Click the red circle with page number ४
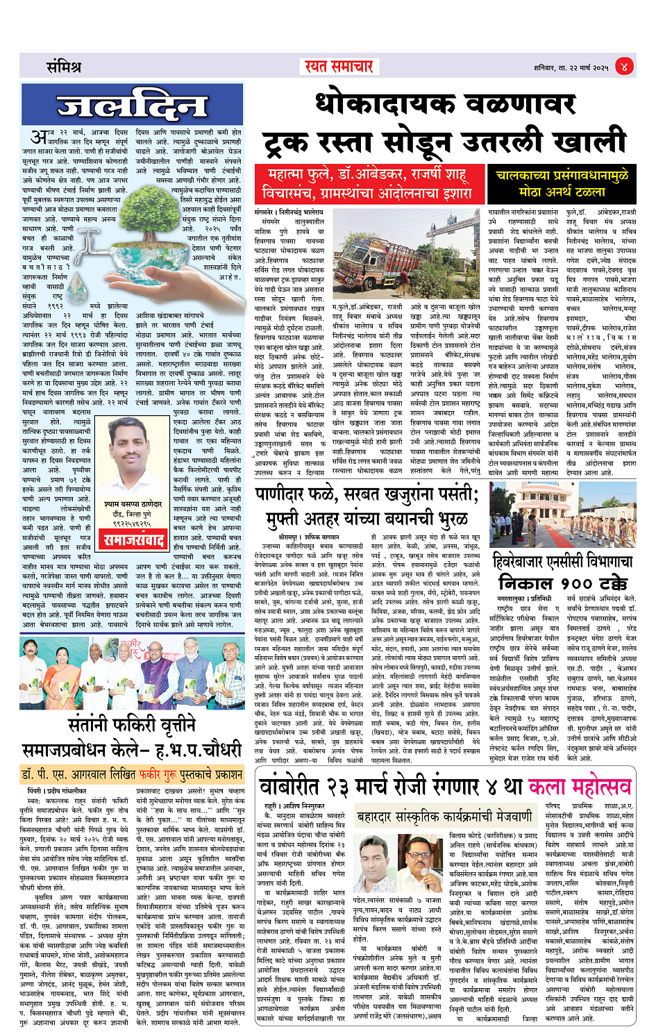624,67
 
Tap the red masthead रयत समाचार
339,67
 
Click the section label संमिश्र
64,67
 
